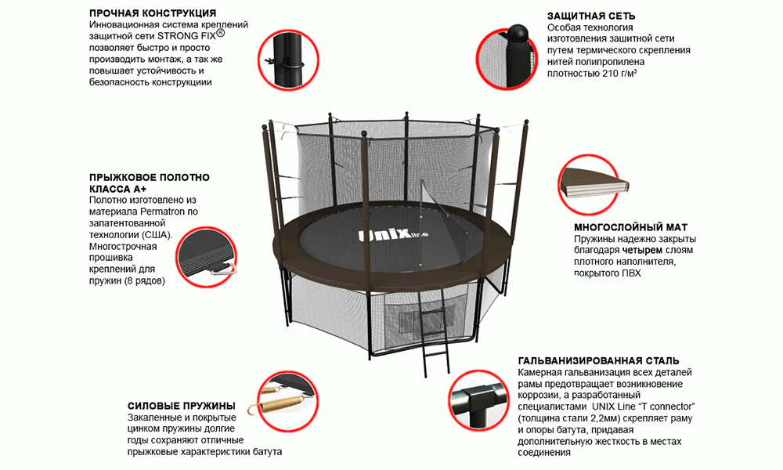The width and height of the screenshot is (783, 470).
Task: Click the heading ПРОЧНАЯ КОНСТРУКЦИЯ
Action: (x=153, y=13)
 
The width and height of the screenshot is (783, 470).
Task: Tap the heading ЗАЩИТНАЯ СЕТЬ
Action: (x=591, y=16)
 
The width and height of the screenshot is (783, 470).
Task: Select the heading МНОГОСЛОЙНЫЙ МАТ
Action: (x=630, y=227)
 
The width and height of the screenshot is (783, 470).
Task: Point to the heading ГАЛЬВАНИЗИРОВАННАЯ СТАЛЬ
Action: (x=599, y=360)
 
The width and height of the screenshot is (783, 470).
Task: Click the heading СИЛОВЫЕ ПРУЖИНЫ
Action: (x=182, y=406)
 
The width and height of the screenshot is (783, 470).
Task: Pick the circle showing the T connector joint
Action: (x=478, y=400)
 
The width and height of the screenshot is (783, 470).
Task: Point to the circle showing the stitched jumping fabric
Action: (x=207, y=257)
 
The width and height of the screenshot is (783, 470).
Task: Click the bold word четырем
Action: (x=642, y=250)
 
